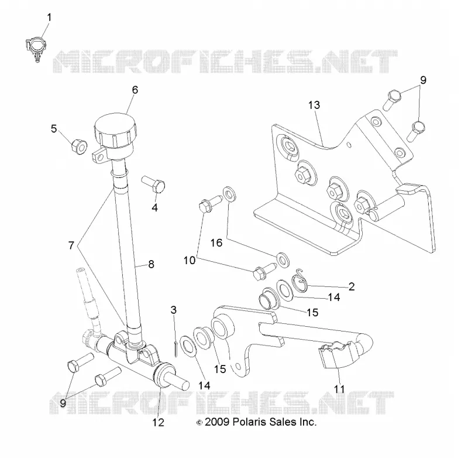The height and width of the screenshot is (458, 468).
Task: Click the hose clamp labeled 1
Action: (35, 48)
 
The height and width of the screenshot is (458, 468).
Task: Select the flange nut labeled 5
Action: (79, 146)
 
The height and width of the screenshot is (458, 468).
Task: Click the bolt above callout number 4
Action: (153, 184)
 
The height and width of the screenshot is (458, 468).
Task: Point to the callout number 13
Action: (314, 105)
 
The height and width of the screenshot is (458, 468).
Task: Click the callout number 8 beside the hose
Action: (151, 264)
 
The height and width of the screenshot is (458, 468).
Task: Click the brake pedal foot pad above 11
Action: (339, 358)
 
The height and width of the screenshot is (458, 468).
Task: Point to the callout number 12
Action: (158, 422)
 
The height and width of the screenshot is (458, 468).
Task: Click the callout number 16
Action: (216, 242)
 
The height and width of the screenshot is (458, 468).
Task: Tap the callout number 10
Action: (189, 260)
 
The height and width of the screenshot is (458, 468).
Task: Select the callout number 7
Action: (71, 245)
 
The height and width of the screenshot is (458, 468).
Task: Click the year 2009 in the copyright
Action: (217, 422)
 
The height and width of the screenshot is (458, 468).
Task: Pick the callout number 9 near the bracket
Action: (423, 80)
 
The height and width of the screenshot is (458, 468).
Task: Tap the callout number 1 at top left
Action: (49, 18)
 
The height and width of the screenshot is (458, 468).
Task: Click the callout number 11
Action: (339, 389)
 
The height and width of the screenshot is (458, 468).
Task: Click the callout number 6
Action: (135, 90)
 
